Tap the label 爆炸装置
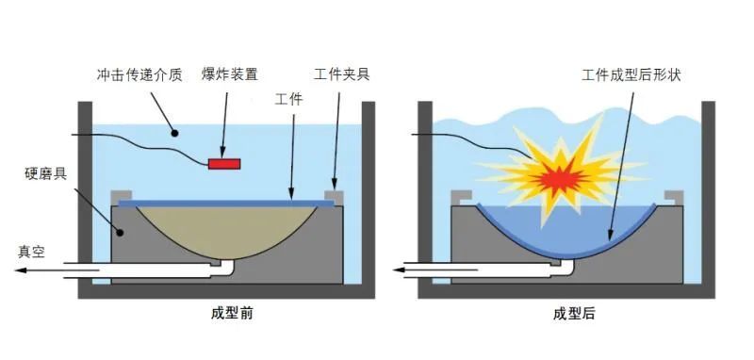pyautogui.click(x=230, y=73)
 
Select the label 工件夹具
pyautogui.click(x=342, y=73)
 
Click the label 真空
pyautogui.click(x=32, y=252)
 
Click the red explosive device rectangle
pyautogui.click(x=224, y=165)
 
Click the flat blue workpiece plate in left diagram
pyautogui.click(x=226, y=202)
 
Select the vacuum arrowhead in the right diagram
pyautogui.click(x=401, y=270)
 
